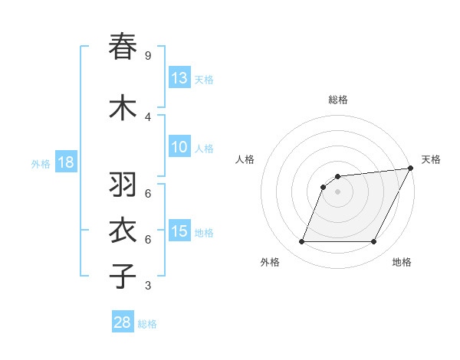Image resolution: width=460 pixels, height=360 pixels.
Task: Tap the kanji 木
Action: tap(123, 107)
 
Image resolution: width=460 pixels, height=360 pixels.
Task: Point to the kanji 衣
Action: tap(123, 231)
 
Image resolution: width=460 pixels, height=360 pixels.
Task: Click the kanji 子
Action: tap(123, 275)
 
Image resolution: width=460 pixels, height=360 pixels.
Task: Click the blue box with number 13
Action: tap(179, 78)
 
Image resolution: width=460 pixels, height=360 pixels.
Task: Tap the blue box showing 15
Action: tap(179, 231)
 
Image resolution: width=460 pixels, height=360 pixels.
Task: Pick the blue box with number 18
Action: tap(65, 162)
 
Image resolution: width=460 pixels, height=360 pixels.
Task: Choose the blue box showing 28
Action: tap(123, 322)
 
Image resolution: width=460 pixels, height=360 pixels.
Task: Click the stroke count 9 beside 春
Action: tap(147, 56)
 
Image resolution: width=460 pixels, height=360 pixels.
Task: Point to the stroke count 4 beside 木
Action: tap(147, 117)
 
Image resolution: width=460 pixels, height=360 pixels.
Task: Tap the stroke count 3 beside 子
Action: tap(147, 286)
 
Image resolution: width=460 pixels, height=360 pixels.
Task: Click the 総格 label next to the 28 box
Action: tap(147, 324)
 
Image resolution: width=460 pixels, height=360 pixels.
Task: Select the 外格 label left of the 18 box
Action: tap(40, 163)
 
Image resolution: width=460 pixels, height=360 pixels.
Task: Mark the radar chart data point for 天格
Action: tap(411, 169)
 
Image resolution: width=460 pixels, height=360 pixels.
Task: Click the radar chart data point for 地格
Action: tap(374, 242)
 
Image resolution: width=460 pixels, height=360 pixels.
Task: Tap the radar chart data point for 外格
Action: tap(301, 242)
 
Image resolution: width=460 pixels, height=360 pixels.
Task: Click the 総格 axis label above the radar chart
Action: tap(338, 100)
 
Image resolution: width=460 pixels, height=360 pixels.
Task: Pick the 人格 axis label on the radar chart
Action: tap(245, 159)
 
